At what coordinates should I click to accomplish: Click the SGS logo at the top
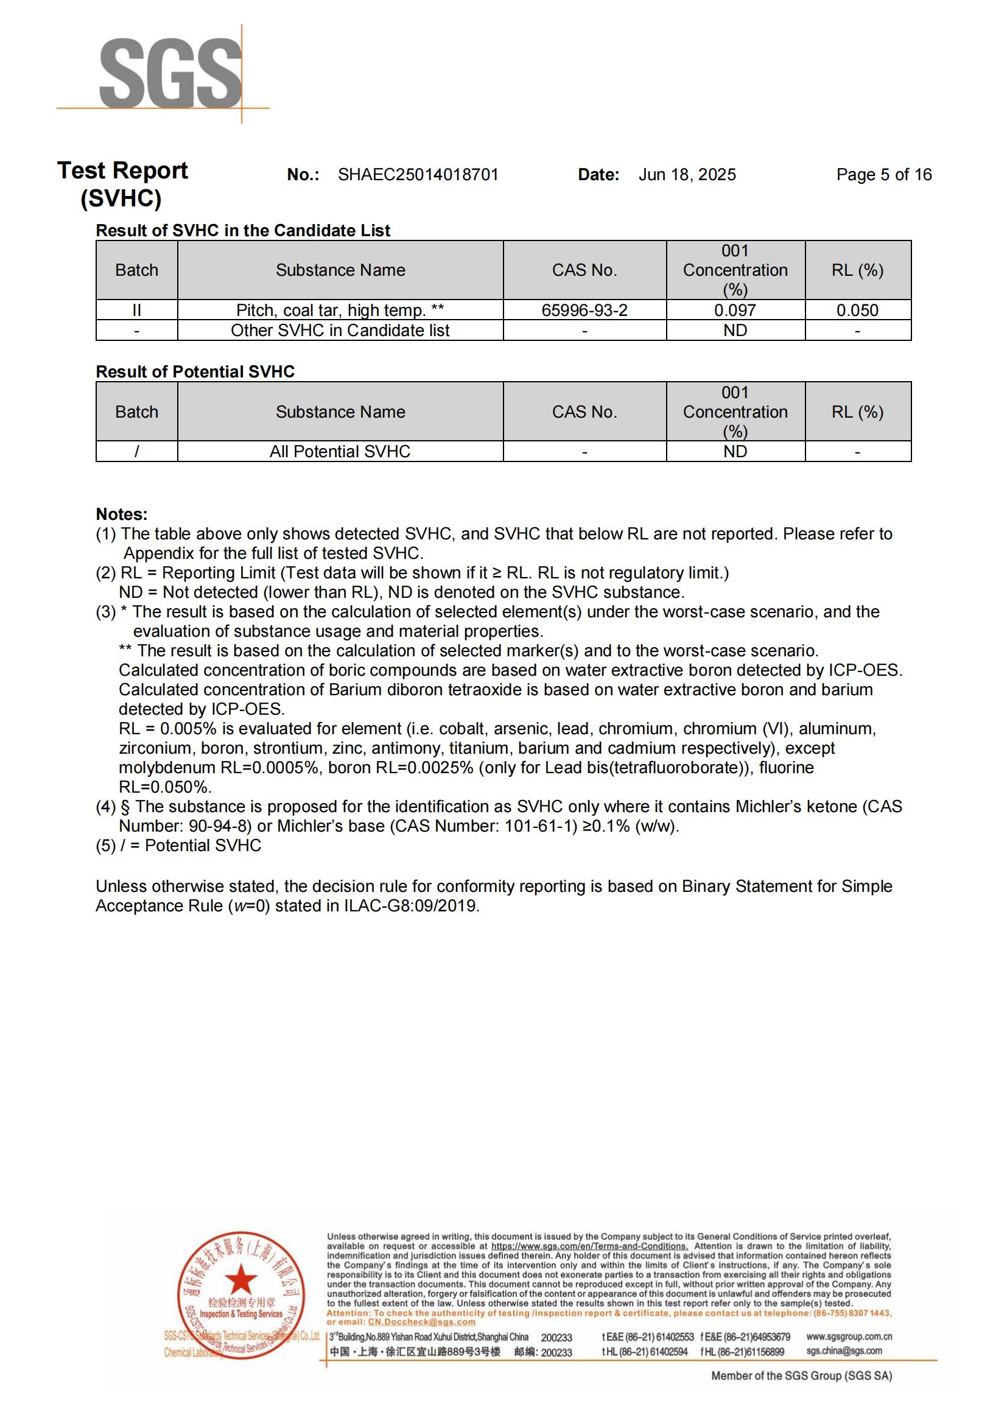pos(170,73)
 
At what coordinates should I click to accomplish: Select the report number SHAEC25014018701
pos(418,175)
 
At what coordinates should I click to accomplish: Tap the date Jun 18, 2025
pos(687,175)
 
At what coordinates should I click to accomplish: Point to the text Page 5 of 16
pos(883,175)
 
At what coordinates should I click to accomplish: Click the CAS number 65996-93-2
pos(584,310)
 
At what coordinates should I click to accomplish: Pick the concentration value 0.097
pos(735,310)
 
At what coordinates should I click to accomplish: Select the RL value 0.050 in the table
pos(857,310)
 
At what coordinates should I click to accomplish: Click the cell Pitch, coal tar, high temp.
pos(340,310)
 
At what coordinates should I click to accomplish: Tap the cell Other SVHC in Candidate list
pos(340,330)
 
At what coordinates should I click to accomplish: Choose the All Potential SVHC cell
pos(340,452)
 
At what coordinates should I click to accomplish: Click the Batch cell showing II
pos(136,310)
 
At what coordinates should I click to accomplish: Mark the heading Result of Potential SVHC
pos(195,371)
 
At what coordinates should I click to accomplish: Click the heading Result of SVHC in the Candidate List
pos(243,231)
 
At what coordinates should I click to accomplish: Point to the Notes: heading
pos(122,514)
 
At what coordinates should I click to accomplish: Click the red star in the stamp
pos(240,1279)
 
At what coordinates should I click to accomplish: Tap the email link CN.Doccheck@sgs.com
pos(422,1322)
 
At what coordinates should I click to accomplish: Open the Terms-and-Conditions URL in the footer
pos(589,1246)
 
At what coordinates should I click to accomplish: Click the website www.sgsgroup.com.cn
pos(849,1336)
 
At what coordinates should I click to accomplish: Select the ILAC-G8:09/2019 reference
pos(411,906)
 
